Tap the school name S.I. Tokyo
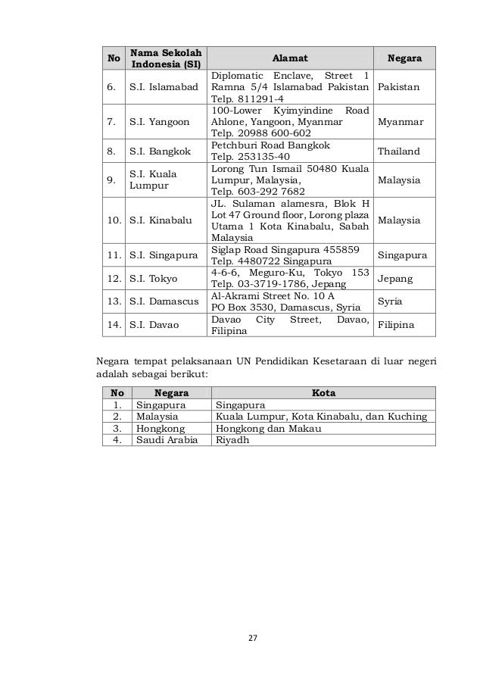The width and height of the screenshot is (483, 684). [152, 279]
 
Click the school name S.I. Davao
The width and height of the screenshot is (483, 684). [153, 325]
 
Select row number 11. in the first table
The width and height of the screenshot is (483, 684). [115, 255]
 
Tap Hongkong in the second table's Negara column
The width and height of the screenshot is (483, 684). [157, 428]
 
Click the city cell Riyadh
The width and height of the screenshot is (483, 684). [232, 440]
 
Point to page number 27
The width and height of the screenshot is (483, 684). [254, 638]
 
